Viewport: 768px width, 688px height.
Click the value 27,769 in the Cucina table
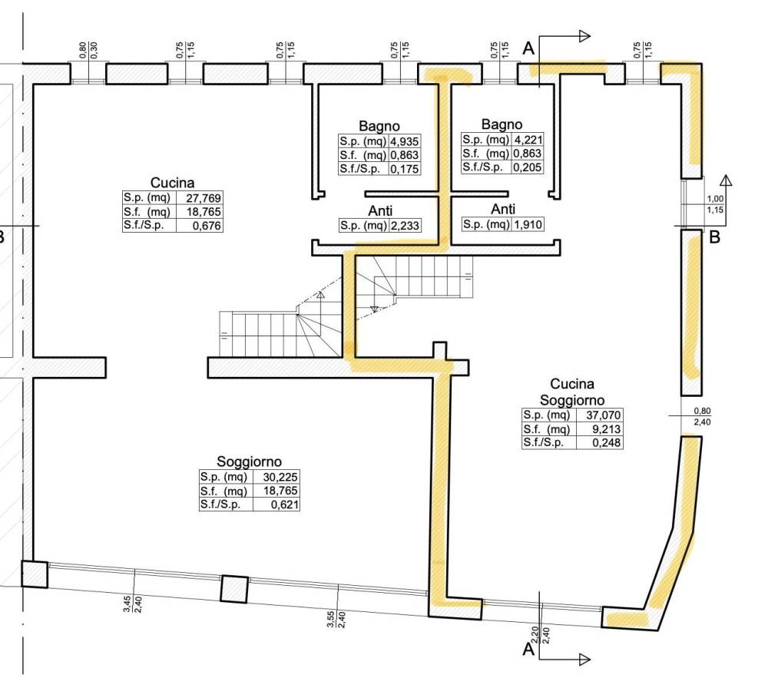click(x=204, y=198)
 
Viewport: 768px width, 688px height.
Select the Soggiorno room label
click(x=250, y=461)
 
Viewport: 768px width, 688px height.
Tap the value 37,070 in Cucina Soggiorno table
click(x=604, y=415)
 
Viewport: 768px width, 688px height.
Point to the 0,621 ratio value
click(x=285, y=504)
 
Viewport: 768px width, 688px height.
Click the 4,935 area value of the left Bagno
click(x=405, y=141)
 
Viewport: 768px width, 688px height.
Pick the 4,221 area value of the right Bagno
click(x=528, y=140)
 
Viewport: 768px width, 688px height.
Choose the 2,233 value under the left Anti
click(x=405, y=226)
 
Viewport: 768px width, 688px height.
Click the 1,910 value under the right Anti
click(x=528, y=224)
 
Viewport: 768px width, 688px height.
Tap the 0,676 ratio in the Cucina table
click(x=207, y=226)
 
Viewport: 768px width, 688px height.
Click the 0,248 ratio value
click(x=607, y=443)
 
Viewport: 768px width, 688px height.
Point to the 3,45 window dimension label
click(x=127, y=604)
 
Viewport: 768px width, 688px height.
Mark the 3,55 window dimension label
click(x=330, y=618)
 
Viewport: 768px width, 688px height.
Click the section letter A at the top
click(x=528, y=48)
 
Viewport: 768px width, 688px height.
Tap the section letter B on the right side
click(x=714, y=237)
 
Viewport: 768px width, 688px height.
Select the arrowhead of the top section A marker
click(x=584, y=36)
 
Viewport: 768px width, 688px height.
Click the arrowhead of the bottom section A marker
click(x=584, y=660)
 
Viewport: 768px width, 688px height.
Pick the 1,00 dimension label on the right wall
click(x=715, y=199)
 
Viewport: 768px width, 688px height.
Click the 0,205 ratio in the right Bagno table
click(x=528, y=167)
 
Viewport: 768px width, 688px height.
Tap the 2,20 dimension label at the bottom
click(x=535, y=634)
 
